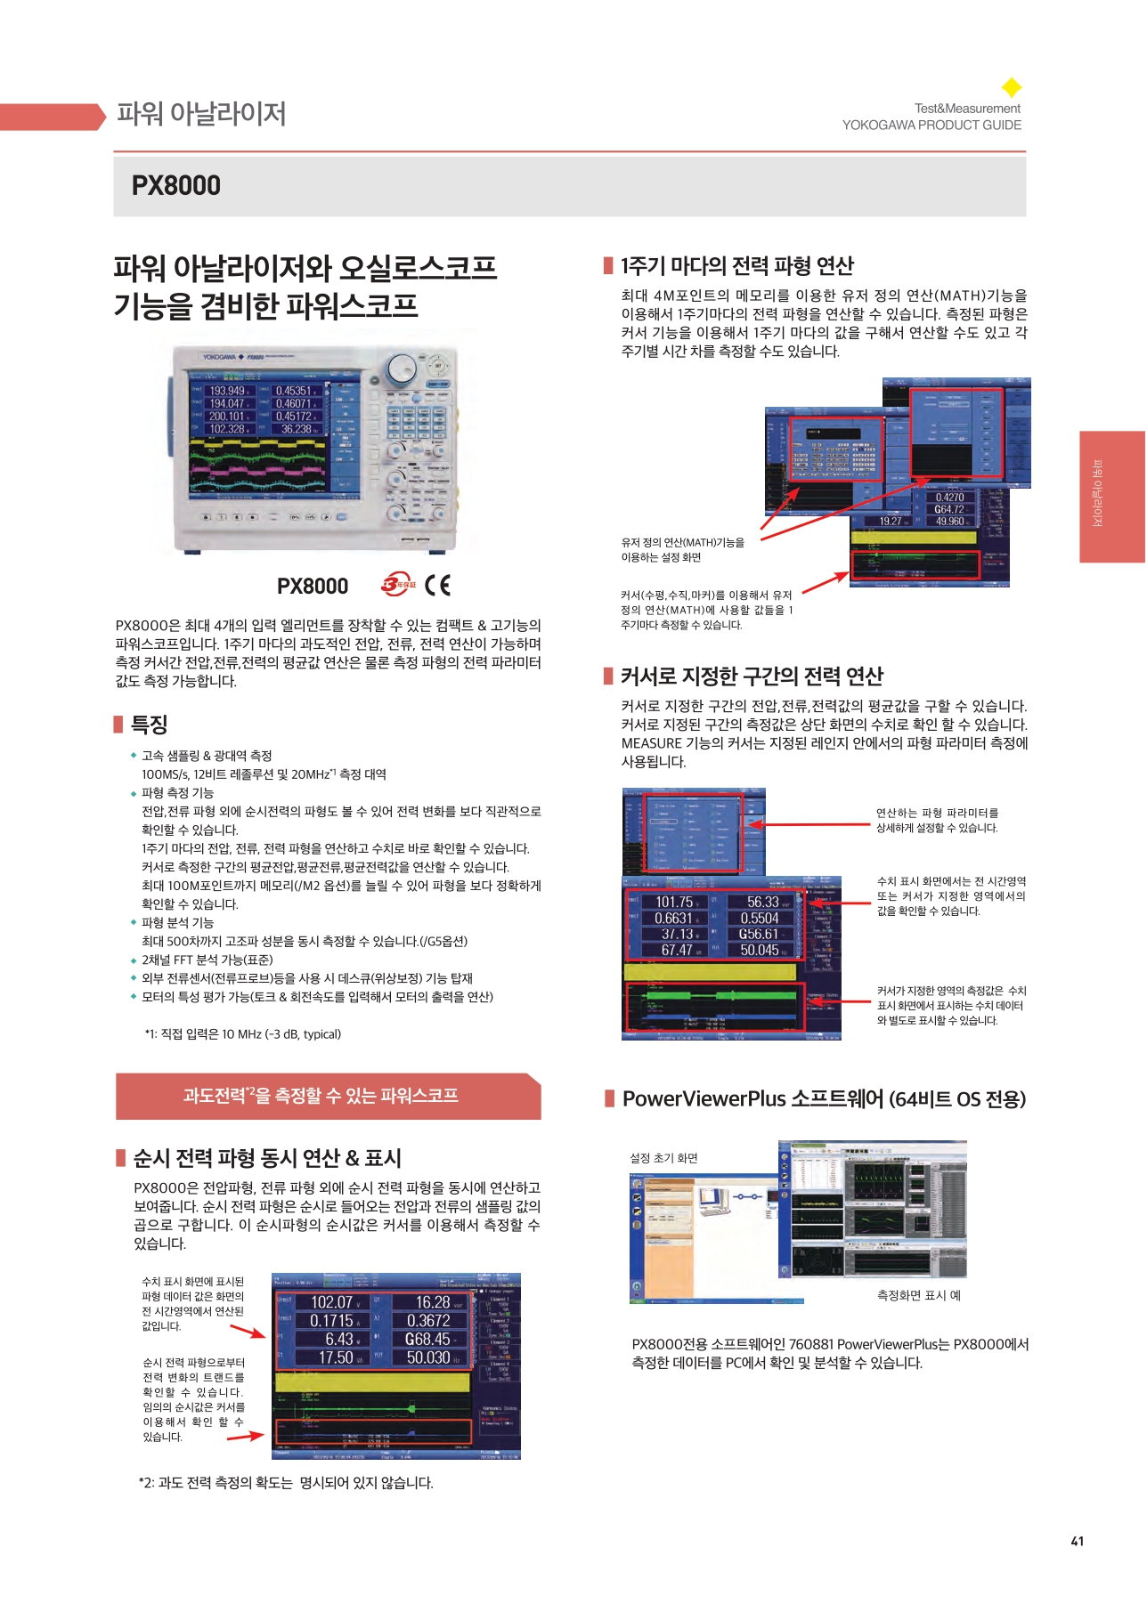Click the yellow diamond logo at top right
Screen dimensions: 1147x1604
1012,87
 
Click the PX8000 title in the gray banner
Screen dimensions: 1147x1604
176,185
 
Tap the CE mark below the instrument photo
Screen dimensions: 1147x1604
438,585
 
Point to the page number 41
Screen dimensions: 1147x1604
1077,1541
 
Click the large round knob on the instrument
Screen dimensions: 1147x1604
402,368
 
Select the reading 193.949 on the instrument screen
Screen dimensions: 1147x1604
227,391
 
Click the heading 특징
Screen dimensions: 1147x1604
150,725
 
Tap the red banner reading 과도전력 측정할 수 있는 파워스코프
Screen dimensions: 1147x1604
321,1096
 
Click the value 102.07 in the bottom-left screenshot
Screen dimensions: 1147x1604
332,1302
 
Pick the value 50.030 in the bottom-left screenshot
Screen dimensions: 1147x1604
428,1357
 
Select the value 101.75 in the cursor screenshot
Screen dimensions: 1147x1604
674,902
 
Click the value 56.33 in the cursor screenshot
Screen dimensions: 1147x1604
763,902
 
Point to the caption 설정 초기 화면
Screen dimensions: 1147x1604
663,1158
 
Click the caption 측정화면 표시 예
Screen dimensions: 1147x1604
918,1295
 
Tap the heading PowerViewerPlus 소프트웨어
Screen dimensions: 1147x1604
824,1099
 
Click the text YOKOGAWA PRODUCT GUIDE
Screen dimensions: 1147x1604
931,126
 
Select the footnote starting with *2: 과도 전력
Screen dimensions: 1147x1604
286,1483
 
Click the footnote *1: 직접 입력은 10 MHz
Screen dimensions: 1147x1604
242,1034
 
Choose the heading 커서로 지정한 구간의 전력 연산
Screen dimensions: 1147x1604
752,676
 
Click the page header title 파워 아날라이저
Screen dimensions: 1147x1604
201,114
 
